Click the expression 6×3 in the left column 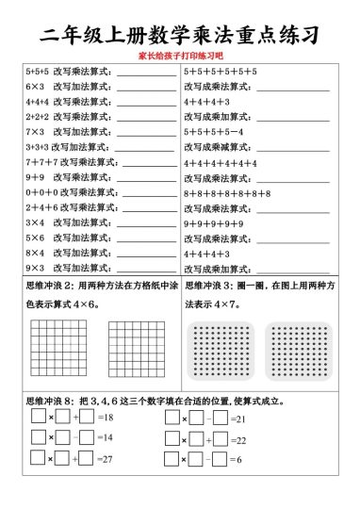pos(36,86)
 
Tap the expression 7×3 pos(36,131)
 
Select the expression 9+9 pos(36,176)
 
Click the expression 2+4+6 pos(41,206)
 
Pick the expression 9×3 pos(36,268)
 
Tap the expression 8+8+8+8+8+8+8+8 pos(227,192)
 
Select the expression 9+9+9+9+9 pos(213,223)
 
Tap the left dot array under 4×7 pos(221,351)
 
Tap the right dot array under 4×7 pos(299,351)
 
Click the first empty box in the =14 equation pos(38,437)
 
